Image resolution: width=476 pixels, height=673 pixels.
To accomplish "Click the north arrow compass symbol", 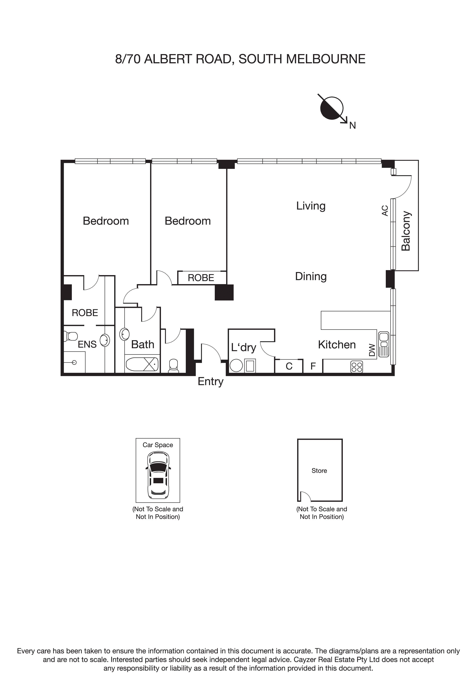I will pos(332,108).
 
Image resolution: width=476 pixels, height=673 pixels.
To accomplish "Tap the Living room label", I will pos(311,206).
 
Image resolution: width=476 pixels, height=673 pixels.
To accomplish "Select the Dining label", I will pos(311,276).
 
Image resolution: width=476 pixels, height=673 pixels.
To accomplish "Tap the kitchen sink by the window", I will pos(383,344).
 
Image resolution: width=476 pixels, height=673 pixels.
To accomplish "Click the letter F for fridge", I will pos(313,366).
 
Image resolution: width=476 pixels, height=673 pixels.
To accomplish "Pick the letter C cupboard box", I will pos(289,366).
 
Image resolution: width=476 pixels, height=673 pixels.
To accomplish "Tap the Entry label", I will pos(210,381).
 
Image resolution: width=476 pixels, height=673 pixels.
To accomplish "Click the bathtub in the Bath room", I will pos(142,364).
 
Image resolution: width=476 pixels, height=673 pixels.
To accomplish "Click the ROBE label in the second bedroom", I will pos(201,278).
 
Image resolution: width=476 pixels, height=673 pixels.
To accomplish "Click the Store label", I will pos(319,470).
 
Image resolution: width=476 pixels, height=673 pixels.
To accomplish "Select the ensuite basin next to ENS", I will pos(105,340).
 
